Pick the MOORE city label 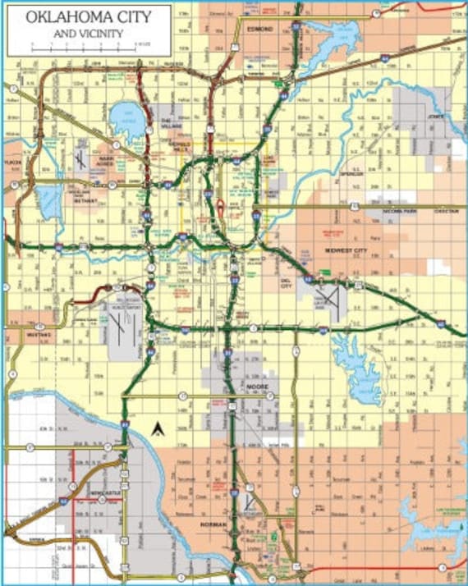point(258,385)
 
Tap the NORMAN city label point(213,522)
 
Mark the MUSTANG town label point(39,335)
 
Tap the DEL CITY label point(287,284)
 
